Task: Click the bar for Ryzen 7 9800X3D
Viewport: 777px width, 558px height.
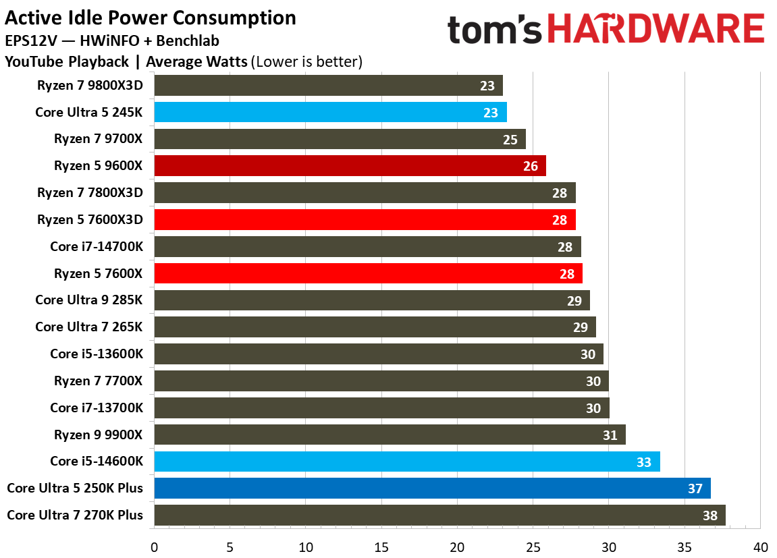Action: click(328, 86)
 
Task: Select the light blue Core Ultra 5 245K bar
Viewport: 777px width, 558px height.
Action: click(330, 112)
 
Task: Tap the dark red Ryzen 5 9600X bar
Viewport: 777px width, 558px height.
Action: click(350, 166)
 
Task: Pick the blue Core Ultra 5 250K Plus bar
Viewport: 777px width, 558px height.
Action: click(432, 488)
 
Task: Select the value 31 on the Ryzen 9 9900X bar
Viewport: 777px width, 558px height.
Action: click(610, 435)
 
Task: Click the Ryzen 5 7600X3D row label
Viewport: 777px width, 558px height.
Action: click(90, 219)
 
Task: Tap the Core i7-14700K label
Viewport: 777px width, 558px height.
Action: click(97, 246)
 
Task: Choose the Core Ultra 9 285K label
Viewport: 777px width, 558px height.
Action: click(89, 300)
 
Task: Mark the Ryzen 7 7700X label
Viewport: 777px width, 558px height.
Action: click(99, 381)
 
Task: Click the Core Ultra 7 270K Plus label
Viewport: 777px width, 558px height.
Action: click(75, 515)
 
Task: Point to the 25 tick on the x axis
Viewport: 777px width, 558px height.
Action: click(533, 545)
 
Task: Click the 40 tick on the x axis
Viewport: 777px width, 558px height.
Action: click(760, 545)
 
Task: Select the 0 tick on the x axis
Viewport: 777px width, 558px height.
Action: click(155, 545)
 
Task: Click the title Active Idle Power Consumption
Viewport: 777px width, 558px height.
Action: click(151, 18)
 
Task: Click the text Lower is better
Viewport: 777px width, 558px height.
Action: click(307, 62)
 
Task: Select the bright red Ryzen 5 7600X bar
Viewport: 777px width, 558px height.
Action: click(368, 273)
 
